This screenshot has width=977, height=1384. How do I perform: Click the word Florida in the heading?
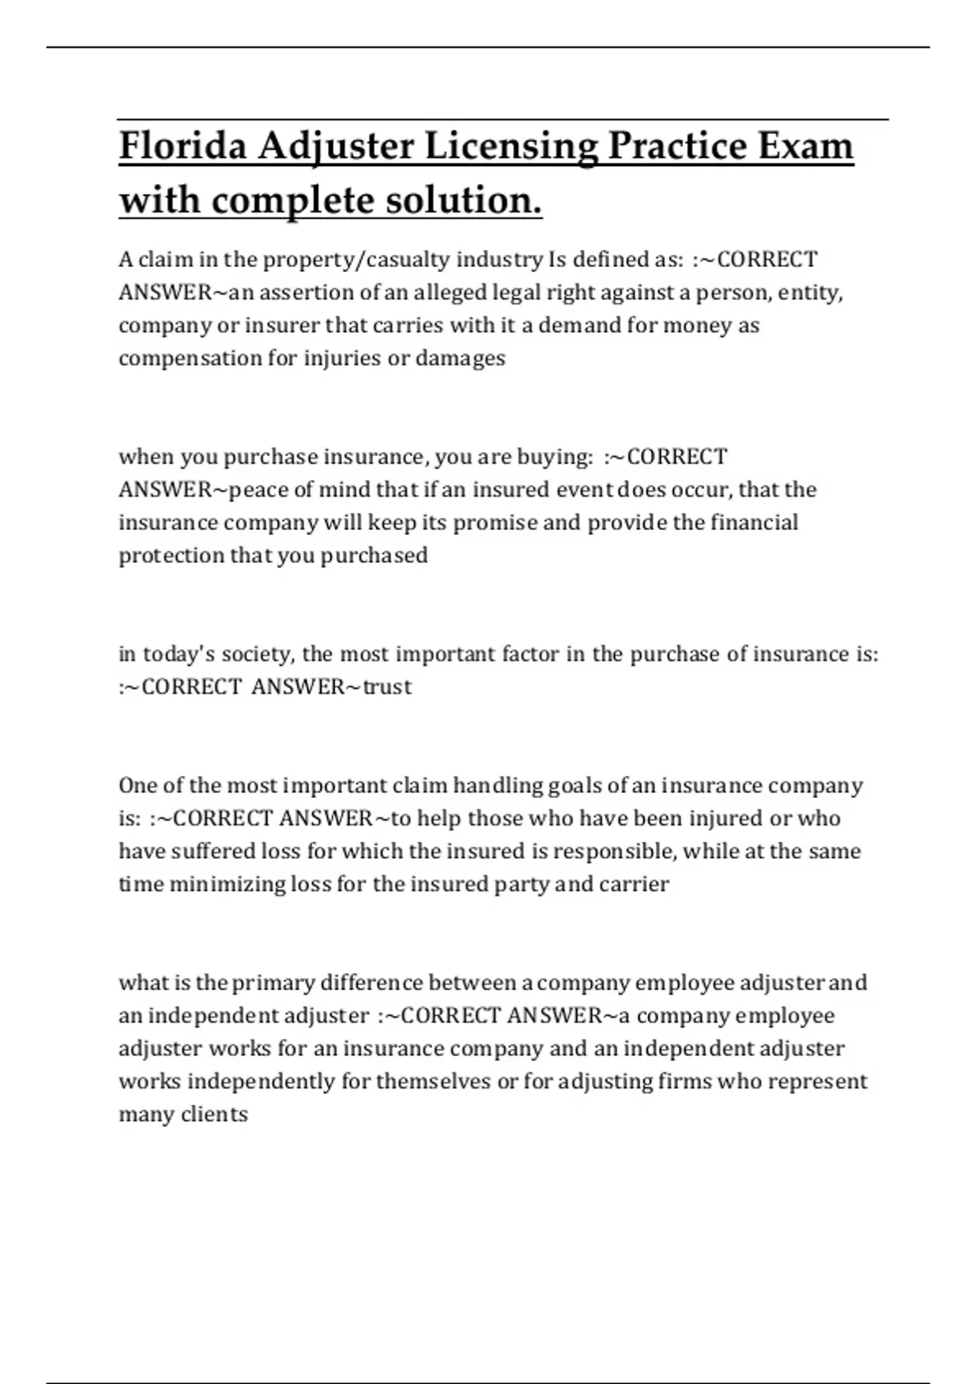click(182, 147)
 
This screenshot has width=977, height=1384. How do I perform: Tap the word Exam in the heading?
click(806, 147)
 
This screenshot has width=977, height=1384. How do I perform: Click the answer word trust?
click(388, 687)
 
